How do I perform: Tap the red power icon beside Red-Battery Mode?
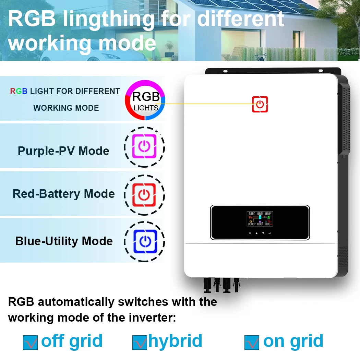point(144,194)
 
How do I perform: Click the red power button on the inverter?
point(260,104)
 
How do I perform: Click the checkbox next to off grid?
point(30,342)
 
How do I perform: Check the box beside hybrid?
point(139,342)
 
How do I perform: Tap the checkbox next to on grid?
point(252,342)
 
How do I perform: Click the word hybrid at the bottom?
point(175,341)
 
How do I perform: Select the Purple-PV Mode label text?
point(63,151)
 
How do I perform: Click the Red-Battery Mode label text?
point(63,194)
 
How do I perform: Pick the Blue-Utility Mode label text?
point(64,241)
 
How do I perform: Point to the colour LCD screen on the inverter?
point(260,219)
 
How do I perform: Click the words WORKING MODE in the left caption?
point(66,108)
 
